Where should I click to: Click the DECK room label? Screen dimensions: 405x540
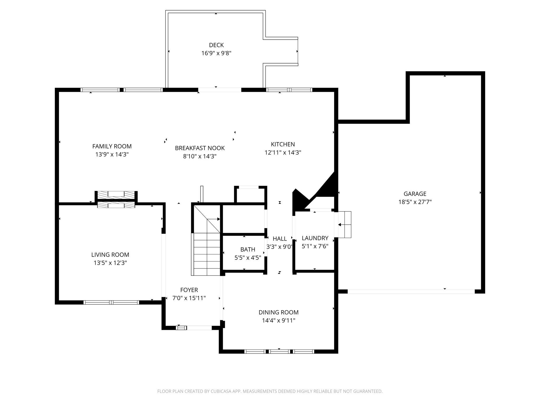point(216,45)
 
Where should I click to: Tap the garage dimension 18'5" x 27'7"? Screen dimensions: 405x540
point(415,202)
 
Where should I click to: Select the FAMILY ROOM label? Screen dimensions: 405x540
point(112,146)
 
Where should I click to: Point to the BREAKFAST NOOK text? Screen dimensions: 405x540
point(200,148)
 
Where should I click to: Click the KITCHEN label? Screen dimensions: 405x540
point(283,144)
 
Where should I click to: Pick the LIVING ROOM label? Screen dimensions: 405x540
point(110,255)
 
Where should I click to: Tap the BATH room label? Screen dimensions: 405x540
point(248,249)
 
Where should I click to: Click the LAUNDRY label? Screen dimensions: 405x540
point(315,238)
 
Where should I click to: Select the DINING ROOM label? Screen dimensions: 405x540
point(278,312)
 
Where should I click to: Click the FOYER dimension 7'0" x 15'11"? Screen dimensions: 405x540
point(189,298)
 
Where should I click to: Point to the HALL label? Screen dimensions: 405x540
point(279,239)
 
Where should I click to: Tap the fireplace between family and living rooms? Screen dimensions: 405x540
point(116,200)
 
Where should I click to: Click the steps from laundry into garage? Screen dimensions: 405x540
point(344,225)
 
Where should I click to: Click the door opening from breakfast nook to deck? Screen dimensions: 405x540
point(219,90)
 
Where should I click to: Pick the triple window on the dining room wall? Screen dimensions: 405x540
point(279,351)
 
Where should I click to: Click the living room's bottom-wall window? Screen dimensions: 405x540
point(111,302)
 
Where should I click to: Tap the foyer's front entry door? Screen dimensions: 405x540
point(199,328)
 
